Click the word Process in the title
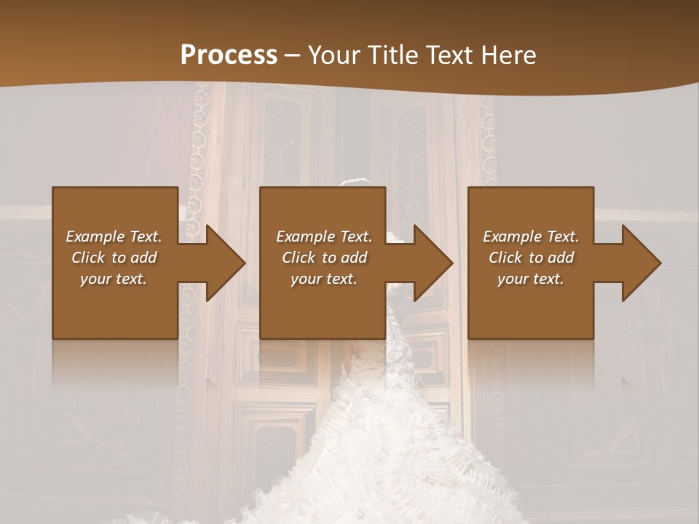tap(229, 55)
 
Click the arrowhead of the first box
tap(225, 263)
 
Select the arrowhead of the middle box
tap(433, 263)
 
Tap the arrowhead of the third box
tap(641, 263)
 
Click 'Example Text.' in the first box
tap(114, 237)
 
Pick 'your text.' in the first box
tap(114, 279)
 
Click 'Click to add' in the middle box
tap(324, 258)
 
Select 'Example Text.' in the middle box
tap(324, 237)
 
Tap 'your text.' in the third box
tap(531, 279)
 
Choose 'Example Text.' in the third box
tap(531, 237)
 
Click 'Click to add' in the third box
tap(531, 258)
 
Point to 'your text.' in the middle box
tap(324, 279)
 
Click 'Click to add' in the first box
tap(114, 258)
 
